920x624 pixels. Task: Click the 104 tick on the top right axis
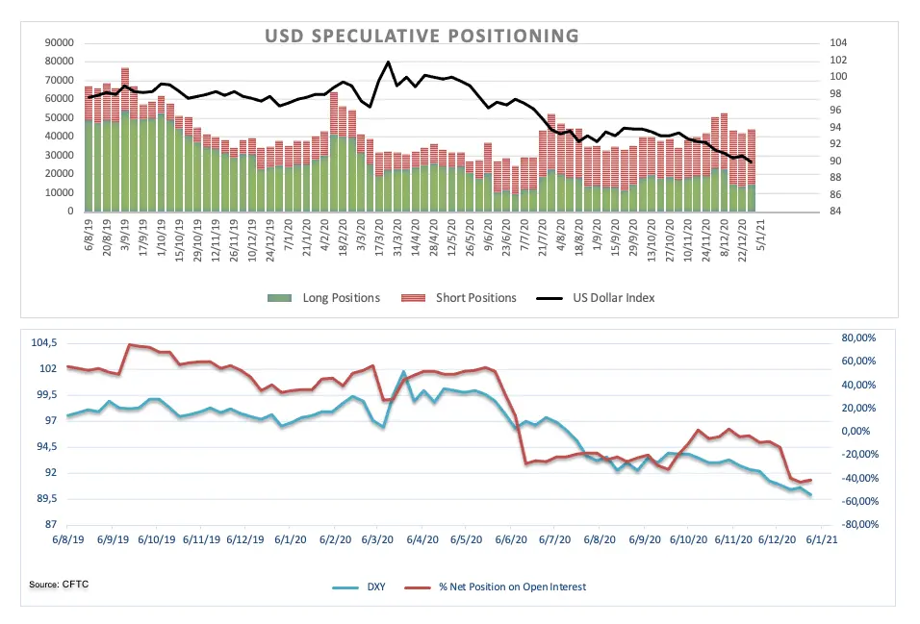837,43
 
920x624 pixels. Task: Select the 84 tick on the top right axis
834,212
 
